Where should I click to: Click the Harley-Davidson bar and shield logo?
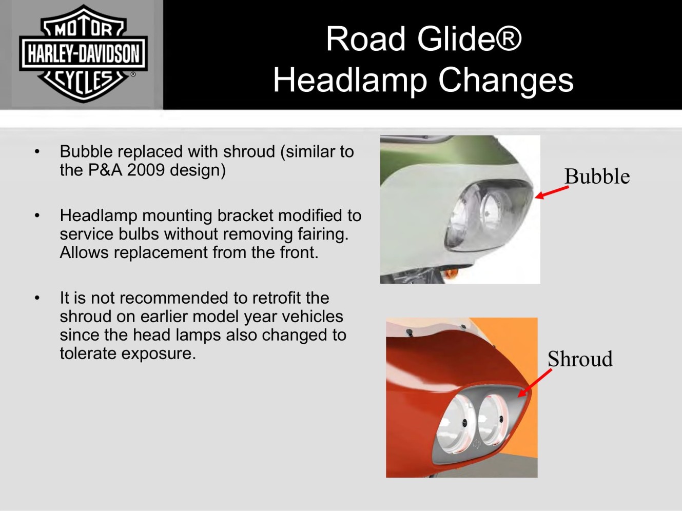pyautogui.click(x=83, y=54)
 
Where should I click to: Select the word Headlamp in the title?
pyautogui.click(x=350, y=81)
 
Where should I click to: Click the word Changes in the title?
pyautogui.click(x=506, y=81)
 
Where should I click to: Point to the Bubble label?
pyautogui.click(x=597, y=176)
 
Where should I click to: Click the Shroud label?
pyautogui.click(x=580, y=359)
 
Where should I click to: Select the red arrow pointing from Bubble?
pyautogui.click(x=552, y=192)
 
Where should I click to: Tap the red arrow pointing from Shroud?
pyautogui.click(x=535, y=383)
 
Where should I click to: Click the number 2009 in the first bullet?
pyautogui.click(x=146, y=170)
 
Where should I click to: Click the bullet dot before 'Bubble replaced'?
pyautogui.click(x=37, y=152)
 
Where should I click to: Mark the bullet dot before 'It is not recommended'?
pyautogui.click(x=37, y=298)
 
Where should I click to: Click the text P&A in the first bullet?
pyautogui.click(x=105, y=170)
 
